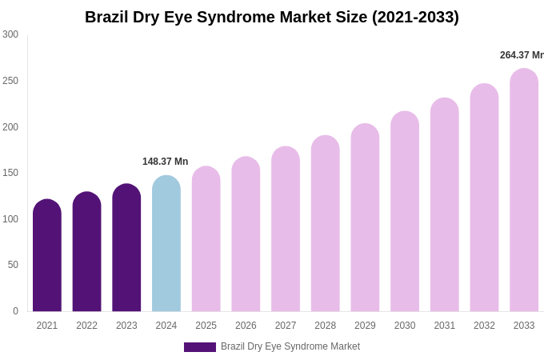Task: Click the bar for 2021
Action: click(47, 256)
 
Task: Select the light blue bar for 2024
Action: click(166, 244)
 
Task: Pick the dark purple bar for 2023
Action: click(126, 248)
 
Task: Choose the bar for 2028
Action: click(326, 224)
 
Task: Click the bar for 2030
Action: click(405, 212)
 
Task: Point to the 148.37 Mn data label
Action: click(165, 162)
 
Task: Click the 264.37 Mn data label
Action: click(521, 55)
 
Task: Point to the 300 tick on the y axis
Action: click(10, 34)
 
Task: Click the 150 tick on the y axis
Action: click(10, 173)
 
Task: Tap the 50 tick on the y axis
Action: click(13, 265)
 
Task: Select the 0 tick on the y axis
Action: click(15, 311)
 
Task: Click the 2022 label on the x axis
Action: click(87, 326)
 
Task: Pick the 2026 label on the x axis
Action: click(246, 326)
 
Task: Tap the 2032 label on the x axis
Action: click(484, 326)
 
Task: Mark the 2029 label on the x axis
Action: click(365, 326)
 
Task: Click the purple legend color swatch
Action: click(200, 347)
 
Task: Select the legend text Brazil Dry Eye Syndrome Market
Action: click(290, 346)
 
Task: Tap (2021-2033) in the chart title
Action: click(415, 17)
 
